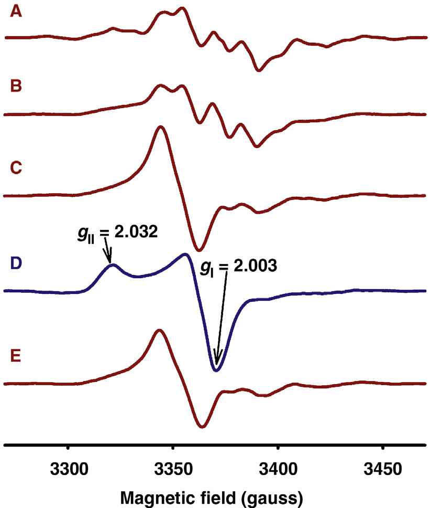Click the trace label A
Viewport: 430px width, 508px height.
point(17,12)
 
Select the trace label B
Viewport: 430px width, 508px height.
point(17,87)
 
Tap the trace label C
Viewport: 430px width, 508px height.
point(17,168)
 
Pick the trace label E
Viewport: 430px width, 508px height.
point(16,358)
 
